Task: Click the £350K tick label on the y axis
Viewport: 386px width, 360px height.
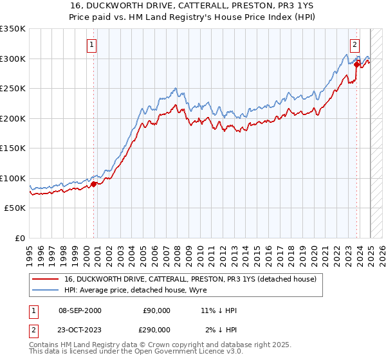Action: click(x=12, y=29)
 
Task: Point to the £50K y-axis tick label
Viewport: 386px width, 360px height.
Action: click(x=14, y=208)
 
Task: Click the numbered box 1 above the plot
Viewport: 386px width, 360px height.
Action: click(x=92, y=45)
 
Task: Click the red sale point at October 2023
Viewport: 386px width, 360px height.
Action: click(x=356, y=64)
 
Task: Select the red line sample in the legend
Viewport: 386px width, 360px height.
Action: click(x=46, y=279)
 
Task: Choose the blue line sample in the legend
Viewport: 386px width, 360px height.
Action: click(x=46, y=290)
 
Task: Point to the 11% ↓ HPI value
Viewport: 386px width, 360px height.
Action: click(x=219, y=310)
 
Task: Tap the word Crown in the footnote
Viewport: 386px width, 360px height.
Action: click(x=154, y=345)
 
